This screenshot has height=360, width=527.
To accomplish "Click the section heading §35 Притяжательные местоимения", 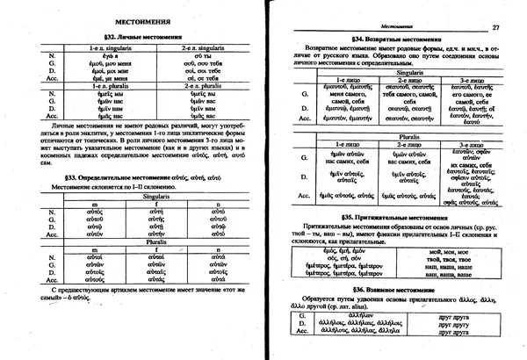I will click(x=384, y=215).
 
